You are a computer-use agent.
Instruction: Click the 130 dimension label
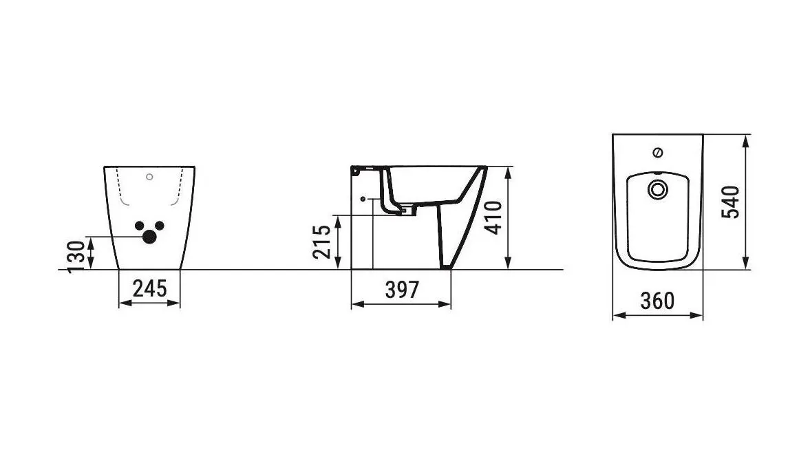76,257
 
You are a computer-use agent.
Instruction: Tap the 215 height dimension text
321,242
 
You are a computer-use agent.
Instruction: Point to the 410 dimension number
494,217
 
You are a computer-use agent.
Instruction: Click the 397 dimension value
403,290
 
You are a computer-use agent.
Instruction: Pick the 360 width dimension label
657,301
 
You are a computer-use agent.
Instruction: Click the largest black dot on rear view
149,237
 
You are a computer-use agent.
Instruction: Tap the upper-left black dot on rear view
139,226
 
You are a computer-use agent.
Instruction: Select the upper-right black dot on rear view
160,226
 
